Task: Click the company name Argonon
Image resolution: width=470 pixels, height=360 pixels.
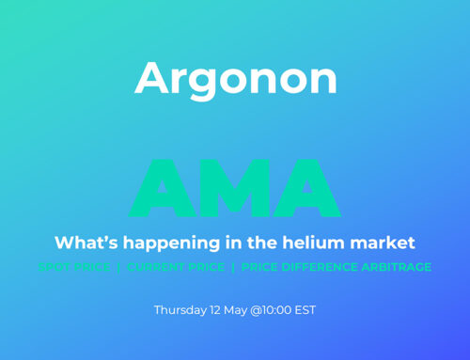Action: [235, 79]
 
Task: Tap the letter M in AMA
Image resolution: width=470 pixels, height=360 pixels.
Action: [234, 189]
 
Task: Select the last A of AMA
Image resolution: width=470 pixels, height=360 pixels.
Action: [305, 189]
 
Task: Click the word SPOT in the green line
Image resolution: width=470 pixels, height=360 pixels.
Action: [55, 268]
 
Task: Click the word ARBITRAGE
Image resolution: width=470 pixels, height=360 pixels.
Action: [398, 268]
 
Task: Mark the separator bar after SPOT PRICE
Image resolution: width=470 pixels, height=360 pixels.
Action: [119, 268]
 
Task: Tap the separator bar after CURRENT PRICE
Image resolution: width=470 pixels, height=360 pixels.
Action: [232, 268]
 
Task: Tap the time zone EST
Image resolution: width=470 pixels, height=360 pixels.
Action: [306, 309]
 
